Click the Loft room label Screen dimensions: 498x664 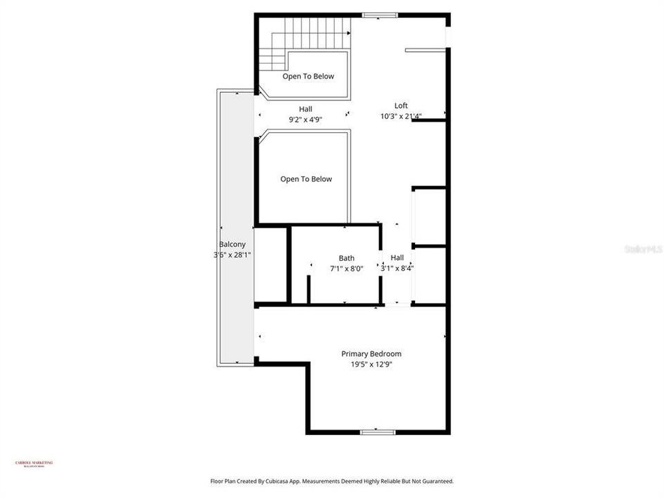point(401,106)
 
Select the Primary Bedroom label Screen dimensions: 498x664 point(371,354)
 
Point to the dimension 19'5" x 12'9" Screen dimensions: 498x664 point(371,365)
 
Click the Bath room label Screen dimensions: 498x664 point(347,258)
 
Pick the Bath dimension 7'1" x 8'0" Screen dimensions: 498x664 point(347,268)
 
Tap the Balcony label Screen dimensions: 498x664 point(232,244)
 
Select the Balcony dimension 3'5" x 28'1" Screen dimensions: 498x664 point(232,255)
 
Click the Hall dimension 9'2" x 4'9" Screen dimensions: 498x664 point(306,119)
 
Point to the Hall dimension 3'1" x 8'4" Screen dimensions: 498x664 point(397,268)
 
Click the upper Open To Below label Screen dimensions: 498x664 point(308,76)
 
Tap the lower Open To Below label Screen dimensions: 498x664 point(306,179)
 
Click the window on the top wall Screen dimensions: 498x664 point(380,15)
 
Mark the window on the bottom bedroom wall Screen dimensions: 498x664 point(378,432)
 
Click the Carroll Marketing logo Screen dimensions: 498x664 point(34,464)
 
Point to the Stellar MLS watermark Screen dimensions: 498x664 point(643,248)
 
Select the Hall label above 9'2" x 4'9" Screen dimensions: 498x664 point(306,109)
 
